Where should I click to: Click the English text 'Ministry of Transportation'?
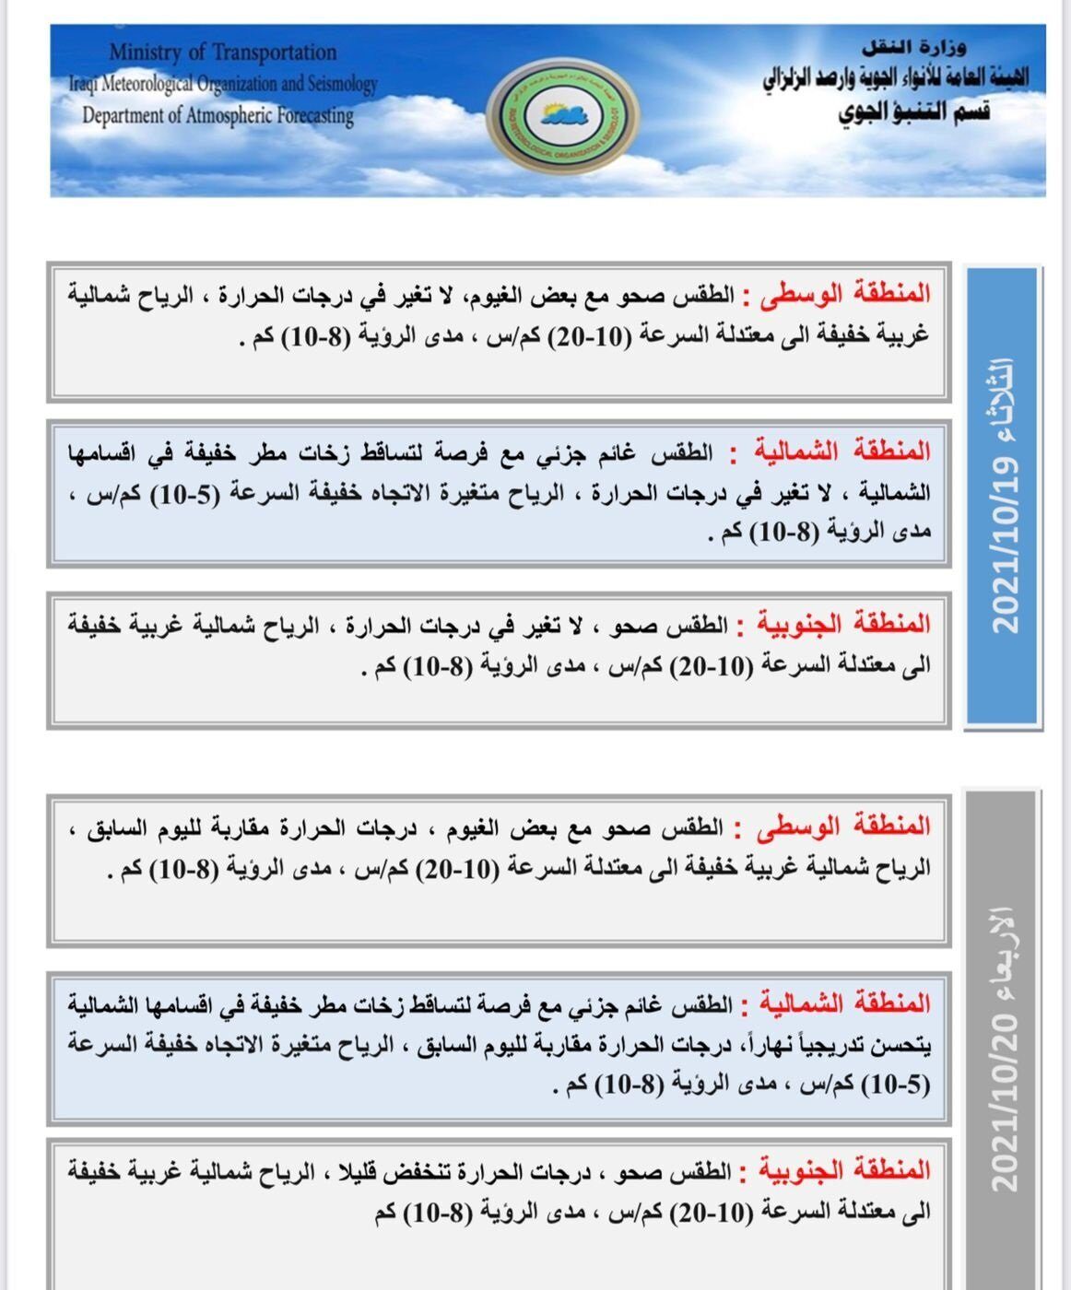222,53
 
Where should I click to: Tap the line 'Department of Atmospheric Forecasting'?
218,116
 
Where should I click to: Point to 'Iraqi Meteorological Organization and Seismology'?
222,84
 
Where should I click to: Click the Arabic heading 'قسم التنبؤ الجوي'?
913,112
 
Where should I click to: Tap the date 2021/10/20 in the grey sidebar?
1004,1102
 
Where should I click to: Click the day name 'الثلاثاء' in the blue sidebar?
1004,398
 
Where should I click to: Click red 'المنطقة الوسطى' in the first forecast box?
847,295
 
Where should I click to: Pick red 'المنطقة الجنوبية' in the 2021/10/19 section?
843,625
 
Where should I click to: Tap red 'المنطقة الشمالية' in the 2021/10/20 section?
844,1003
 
